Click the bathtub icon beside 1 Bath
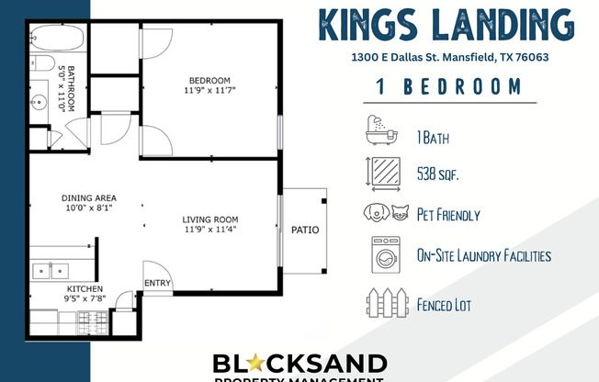381,132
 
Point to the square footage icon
382,171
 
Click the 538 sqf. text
437,172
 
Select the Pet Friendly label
448,215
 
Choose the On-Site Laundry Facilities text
484,255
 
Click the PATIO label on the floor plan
305,230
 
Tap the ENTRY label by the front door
158,283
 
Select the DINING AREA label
88,197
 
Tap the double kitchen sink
51,271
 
